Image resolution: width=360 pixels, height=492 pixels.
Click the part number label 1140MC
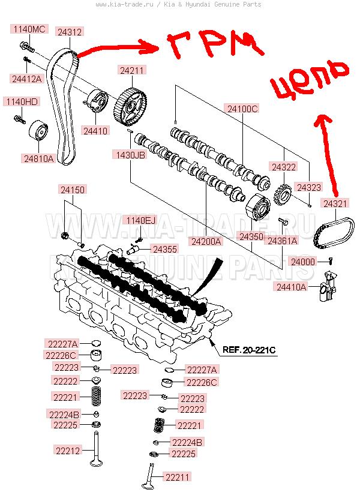(29, 29)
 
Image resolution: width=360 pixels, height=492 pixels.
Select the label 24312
(70, 32)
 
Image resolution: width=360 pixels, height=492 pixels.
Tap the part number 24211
(133, 71)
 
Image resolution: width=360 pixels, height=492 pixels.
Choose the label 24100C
(242, 109)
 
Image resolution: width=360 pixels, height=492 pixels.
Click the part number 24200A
(206, 241)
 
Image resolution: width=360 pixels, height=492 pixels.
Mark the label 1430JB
(130, 155)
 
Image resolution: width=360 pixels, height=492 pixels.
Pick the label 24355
(164, 248)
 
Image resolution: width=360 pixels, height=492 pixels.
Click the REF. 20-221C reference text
(248, 350)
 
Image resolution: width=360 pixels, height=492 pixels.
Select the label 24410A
(292, 287)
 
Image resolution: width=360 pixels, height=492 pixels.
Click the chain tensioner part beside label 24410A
(325, 289)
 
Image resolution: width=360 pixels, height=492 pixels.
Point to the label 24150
(73, 190)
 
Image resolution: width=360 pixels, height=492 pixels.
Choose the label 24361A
(282, 241)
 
